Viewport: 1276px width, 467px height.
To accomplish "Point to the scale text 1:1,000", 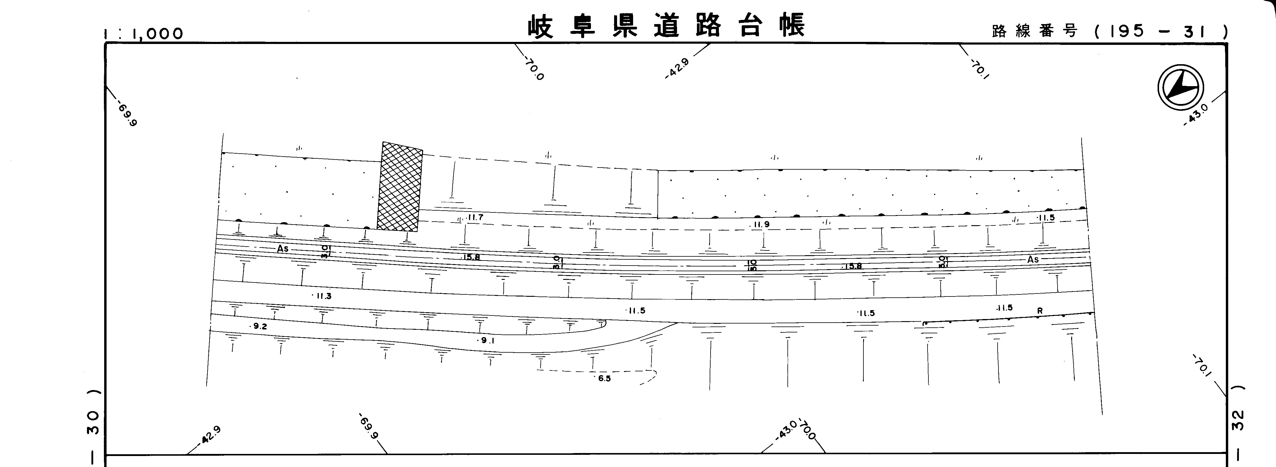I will click(144, 34).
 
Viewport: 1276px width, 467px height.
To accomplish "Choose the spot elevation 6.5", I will click(604, 379).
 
